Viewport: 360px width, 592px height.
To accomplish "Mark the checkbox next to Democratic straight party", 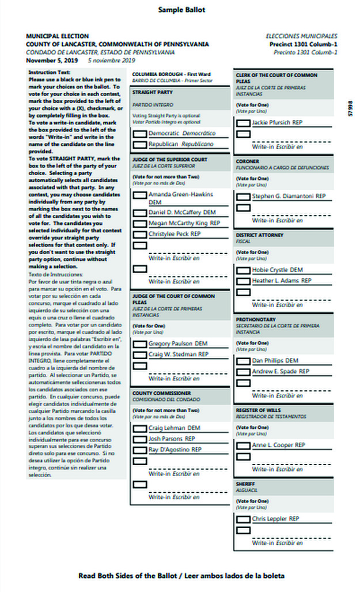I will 140,134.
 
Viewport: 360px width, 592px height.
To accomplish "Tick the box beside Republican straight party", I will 140,144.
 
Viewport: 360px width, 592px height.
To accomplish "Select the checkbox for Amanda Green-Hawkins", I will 140,195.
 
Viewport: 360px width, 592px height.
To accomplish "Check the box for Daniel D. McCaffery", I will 140,213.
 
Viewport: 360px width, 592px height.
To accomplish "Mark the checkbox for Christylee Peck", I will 140,235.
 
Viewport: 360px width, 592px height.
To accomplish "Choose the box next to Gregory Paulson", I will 140,344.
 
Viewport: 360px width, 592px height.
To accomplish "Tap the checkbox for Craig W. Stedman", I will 140,355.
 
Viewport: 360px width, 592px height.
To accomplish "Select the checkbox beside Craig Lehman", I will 140,429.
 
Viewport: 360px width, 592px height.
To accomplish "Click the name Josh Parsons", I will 172,439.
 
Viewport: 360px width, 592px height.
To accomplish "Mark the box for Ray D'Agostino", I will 140,450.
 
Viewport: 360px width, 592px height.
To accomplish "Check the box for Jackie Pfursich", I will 244,123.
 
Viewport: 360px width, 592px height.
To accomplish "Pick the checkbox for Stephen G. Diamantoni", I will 244,197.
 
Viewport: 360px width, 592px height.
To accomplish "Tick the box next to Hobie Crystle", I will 244,270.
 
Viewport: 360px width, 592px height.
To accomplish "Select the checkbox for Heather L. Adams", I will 244,281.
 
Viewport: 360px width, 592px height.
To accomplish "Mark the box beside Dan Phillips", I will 244,361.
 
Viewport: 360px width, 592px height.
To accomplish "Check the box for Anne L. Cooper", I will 244,446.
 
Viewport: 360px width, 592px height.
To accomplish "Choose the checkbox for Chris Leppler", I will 244,519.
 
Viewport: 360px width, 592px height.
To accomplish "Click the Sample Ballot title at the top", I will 181,10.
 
